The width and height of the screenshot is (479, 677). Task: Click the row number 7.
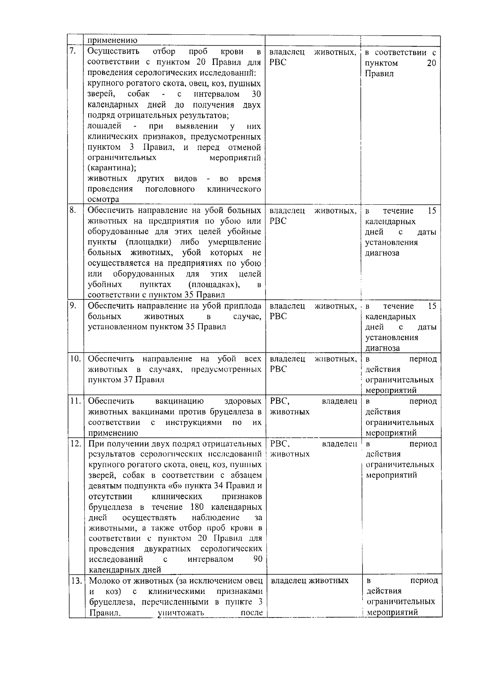point(72,51)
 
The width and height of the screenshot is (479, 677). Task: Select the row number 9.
point(72,306)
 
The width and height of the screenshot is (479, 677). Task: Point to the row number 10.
point(75,358)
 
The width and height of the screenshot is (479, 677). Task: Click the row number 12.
point(75,444)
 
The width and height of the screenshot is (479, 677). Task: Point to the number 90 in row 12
point(257,559)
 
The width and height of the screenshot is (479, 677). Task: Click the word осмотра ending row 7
point(103,199)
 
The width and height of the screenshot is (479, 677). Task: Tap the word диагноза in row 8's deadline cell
point(382,253)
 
